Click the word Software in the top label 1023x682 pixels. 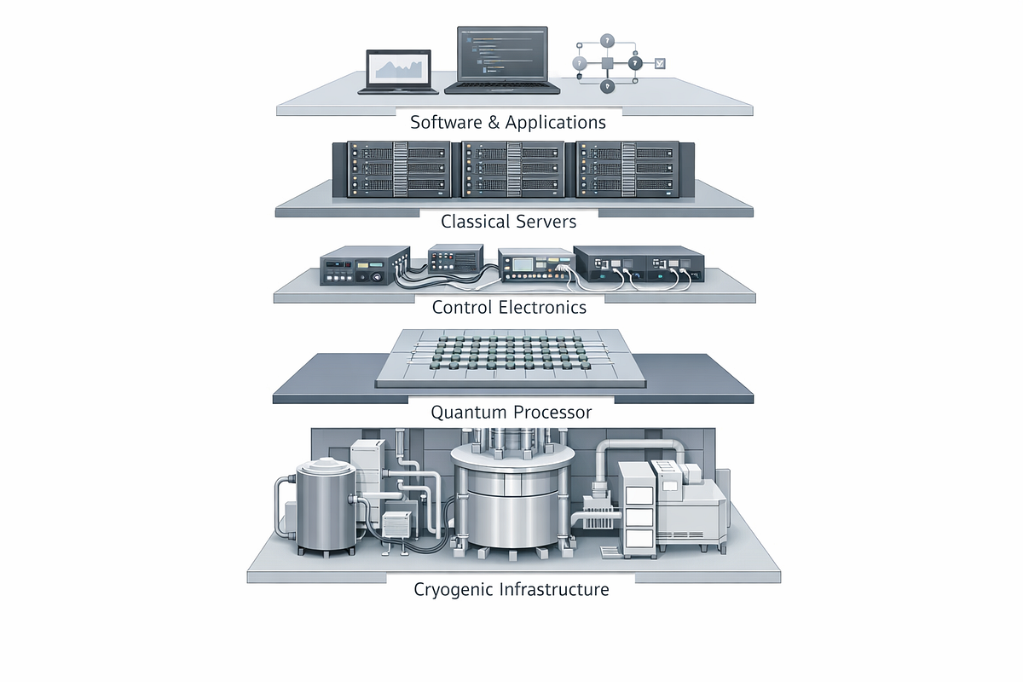click(446, 123)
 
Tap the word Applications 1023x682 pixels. click(555, 124)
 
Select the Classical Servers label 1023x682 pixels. click(508, 222)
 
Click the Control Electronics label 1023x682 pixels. click(509, 308)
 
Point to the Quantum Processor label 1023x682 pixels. click(511, 412)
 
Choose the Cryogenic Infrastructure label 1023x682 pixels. click(511, 589)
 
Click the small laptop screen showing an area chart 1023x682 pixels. click(399, 68)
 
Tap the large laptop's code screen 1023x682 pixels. click(502, 54)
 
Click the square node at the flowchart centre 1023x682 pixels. click(607, 63)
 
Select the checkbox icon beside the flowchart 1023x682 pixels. click(660, 63)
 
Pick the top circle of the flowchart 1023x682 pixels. click(607, 41)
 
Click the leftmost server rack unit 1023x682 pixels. click(398, 170)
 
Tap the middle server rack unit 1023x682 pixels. click(512, 170)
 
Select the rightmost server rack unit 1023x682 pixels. click(627, 170)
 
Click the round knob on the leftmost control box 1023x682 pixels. click(377, 277)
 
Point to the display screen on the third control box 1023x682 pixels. click(523, 264)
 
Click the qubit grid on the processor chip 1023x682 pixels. click(509, 353)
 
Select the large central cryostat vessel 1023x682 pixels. click(512, 494)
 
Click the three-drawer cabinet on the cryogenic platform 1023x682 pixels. click(638, 509)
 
